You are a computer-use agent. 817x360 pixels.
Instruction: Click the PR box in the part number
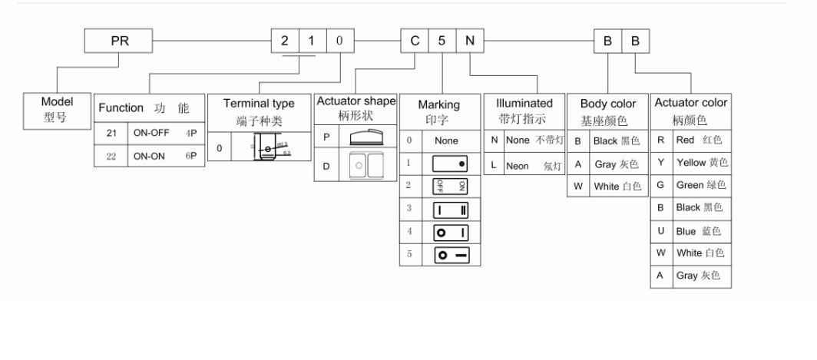[121, 41]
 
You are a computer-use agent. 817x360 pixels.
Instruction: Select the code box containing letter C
[415, 41]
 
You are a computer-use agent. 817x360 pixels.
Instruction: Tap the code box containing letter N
[469, 41]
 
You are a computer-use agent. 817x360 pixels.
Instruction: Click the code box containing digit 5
[442, 41]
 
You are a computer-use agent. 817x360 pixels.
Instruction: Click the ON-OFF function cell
[151, 133]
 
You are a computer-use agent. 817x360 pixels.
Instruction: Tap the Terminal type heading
[259, 104]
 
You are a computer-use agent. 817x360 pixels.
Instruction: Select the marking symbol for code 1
[450, 163]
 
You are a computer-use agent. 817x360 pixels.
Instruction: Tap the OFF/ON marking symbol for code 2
[450, 187]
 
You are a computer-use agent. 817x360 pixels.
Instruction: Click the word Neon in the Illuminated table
[518, 166]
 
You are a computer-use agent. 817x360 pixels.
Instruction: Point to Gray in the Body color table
[605, 164]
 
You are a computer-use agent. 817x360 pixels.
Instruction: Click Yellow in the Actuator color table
[690, 163]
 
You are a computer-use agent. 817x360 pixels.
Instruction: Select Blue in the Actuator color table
[686, 231]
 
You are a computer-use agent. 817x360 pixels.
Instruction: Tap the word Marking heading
[439, 104]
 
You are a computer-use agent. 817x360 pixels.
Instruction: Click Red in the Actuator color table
[685, 140]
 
